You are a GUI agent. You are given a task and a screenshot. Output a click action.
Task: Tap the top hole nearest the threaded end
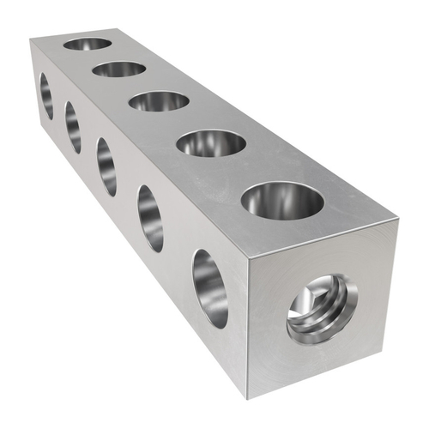point(282,200)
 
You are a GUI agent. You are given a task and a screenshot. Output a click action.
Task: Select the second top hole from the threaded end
point(211,142)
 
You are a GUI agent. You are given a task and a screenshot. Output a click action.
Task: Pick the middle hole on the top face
point(159,100)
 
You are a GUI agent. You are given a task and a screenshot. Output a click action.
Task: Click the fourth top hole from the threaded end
point(119,69)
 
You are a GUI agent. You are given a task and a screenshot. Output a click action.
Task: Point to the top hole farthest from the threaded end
point(88,43)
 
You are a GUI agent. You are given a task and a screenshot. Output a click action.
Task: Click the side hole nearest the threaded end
point(210,288)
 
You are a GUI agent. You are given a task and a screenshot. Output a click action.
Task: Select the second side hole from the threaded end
point(150,218)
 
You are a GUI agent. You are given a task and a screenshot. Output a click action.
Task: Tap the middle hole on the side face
point(106,166)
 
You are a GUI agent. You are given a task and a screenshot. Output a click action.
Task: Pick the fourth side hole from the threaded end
point(73,127)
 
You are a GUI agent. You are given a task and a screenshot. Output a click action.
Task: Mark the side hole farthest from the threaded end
point(46,95)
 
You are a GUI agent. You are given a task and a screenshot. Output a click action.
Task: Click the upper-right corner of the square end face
point(398,220)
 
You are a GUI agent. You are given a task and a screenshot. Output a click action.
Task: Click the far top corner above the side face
point(31,39)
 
